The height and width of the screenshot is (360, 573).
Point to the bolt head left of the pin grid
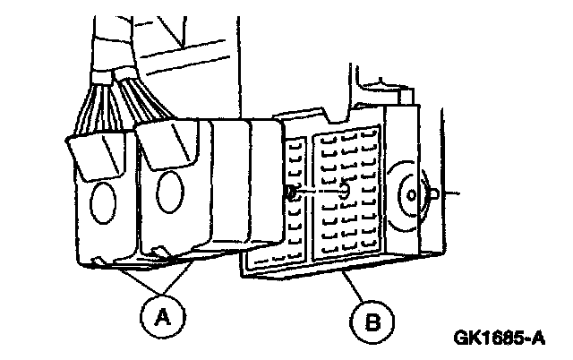291,193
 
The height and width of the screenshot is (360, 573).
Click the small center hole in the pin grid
346,191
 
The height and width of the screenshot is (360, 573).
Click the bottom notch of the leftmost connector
98,261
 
